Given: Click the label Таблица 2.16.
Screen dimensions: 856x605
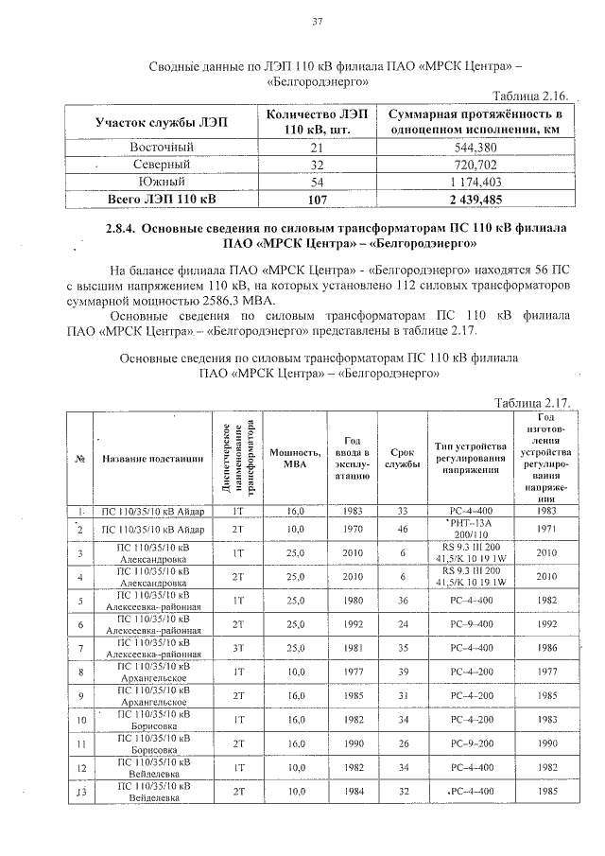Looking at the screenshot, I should point(530,97).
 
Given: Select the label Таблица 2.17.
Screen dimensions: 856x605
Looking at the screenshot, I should point(530,403).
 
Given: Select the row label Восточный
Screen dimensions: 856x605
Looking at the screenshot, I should point(162,148).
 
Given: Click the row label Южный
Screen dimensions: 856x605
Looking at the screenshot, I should point(162,182).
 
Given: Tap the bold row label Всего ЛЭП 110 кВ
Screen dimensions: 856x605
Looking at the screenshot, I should point(162,199).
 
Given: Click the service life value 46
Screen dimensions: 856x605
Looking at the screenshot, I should point(402,528).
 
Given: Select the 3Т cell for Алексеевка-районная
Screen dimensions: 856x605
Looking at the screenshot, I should point(238,649).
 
